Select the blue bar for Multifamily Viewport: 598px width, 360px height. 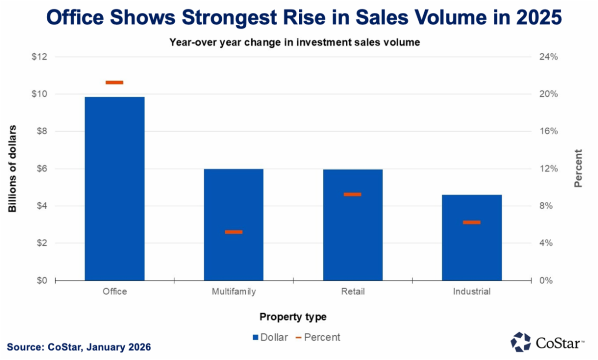tap(233, 224)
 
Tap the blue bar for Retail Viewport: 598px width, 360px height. tap(352, 225)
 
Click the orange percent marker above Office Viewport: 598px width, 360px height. tap(115, 82)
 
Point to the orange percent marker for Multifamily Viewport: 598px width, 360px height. tap(233, 232)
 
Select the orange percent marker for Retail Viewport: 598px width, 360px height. tap(352, 194)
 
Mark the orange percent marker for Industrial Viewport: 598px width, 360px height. tap(471, 222)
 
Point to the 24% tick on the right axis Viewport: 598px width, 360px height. tap(550, 57)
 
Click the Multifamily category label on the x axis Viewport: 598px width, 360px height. tap(233, 292)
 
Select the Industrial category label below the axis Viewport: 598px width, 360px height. tap(471, 292)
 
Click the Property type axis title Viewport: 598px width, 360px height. tap(293, 317)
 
